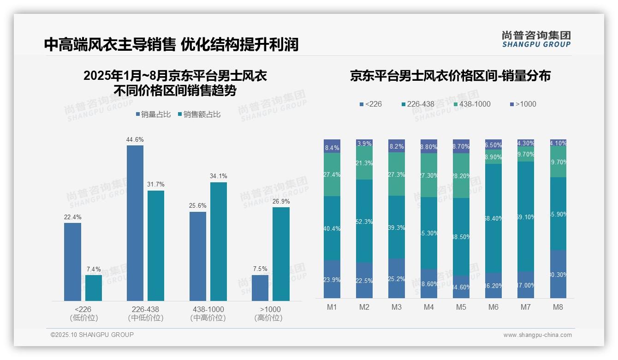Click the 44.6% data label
135,139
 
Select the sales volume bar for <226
72,262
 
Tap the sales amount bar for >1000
281,254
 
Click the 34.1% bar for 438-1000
219,241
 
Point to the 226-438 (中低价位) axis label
146,313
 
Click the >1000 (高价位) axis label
270,313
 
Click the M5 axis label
461,307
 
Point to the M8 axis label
557,307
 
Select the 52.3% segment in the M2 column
364,221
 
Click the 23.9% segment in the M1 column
332,279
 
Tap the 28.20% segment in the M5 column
461,175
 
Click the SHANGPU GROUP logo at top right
536,39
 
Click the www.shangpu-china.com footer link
537,335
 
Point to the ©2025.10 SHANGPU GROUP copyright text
92,335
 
